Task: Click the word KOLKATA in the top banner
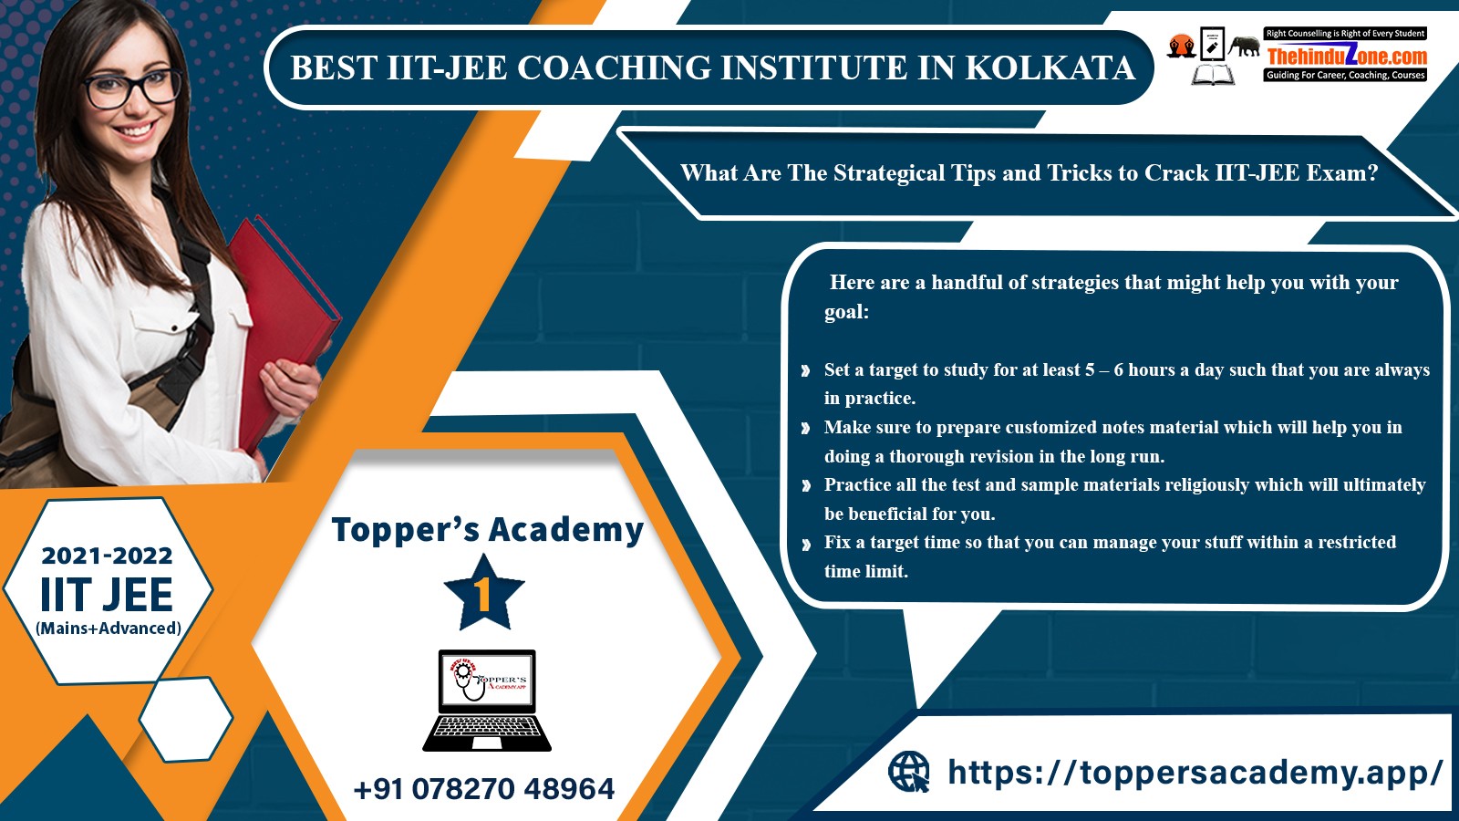coord(1050,68)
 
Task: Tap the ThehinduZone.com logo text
coord(1347,55)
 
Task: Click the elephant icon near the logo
coord(1244,46)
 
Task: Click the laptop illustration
coord(487,701)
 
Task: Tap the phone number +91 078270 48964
coord(484,789)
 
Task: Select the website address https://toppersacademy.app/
coord(1195,773)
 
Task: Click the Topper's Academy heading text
coord(487,529)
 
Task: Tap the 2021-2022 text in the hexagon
coord(107,556)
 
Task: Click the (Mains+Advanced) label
coord(109,629)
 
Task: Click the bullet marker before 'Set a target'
coord(806,370)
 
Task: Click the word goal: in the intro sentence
coord(847,312)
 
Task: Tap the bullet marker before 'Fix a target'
coord(806,544)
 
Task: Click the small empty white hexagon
coord(186,719)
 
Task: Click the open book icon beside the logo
coord(1213,74)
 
